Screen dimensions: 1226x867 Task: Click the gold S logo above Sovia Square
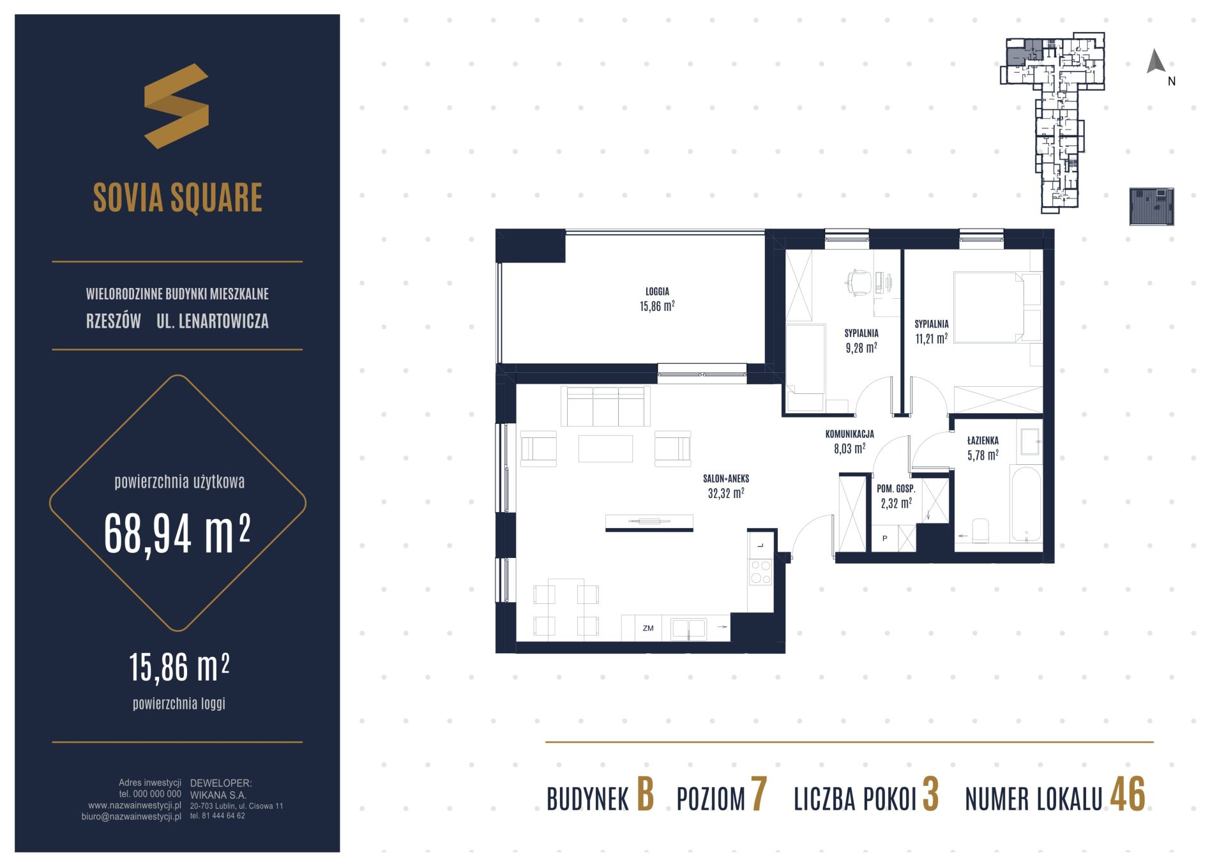(176, 106)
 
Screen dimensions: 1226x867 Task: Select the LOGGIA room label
(657, 292)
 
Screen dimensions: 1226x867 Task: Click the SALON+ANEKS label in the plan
(725, 478)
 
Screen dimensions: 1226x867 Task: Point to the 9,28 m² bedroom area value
(861, 348)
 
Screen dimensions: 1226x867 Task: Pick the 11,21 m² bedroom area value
(931, 338)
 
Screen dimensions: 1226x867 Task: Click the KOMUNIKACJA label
(849, 434)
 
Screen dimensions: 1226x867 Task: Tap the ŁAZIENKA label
(983, 441)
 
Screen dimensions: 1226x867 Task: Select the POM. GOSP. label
(896, 489)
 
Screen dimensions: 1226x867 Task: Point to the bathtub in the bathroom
(1025, 503)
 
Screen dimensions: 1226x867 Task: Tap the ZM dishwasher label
(648, 628)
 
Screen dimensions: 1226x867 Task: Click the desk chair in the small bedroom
(858, 282)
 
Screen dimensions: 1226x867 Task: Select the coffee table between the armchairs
(605, 448)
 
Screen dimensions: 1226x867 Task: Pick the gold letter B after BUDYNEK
(645, 795)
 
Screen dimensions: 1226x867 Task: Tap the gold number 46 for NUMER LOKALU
(1128, 795)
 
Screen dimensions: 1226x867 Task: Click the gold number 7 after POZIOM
(758, 795)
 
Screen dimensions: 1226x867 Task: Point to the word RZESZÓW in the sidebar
(114, 321)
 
